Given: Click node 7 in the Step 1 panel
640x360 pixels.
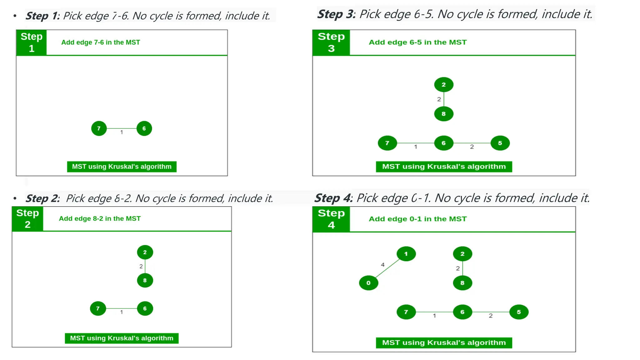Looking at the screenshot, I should click(99, 128).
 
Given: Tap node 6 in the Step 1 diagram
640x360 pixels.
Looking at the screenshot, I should click(144, 128).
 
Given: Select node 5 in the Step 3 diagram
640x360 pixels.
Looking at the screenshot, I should click(500, 143).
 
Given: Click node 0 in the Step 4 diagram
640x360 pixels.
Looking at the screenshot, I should click(368, 283).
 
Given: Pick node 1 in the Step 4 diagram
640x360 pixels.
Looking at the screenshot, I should click(406, 254).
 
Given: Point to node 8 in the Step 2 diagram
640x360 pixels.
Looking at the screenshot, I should click(145, 280).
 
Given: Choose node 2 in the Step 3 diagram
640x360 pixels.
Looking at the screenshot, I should click(443, 85).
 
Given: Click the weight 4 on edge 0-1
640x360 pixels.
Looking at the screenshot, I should click(382, 265).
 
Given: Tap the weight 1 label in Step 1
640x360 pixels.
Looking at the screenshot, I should click(122, 132).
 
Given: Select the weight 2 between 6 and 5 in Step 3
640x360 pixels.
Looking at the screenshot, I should click(472, 147).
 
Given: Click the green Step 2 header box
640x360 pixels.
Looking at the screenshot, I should click(27, 219).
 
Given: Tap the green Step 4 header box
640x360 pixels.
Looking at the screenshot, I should click(331, 219).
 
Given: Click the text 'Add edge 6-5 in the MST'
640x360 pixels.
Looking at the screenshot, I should click(417, 42).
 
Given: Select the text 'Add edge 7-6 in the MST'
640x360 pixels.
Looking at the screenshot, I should click(100, 42).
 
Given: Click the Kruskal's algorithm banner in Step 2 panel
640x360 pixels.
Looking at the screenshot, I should click(122, 338).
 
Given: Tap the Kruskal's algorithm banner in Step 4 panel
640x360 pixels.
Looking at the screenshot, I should click(443, 342).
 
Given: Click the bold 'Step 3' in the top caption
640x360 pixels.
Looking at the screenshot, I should click(335, 14).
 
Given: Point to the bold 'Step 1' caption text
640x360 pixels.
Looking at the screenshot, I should click(42, 16).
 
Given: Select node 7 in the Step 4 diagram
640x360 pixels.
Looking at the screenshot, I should click(406, 312).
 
